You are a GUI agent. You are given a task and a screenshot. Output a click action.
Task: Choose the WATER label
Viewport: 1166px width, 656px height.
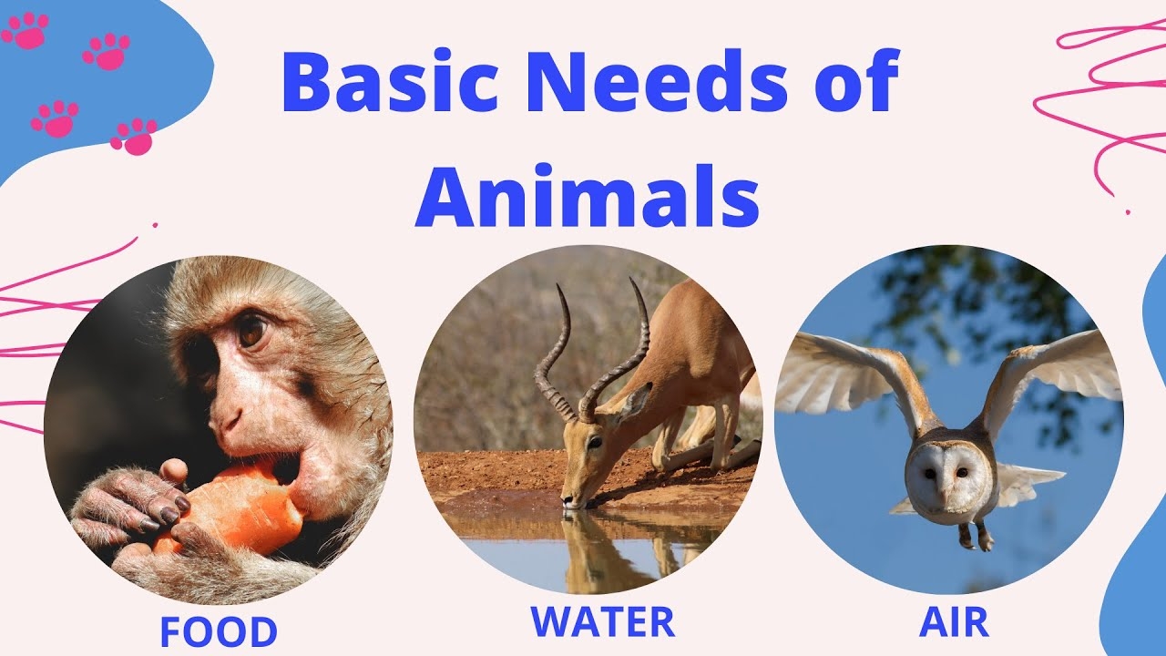tap(602, 621)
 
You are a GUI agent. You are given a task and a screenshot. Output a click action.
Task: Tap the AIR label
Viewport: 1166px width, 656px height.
tap(953, 621)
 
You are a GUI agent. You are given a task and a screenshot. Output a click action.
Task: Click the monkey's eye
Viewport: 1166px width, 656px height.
tap(251, 330)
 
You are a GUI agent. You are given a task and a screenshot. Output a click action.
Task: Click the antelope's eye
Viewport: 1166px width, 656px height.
tap(593, 441)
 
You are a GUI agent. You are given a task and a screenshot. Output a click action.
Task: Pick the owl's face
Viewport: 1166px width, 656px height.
tap(948, 474)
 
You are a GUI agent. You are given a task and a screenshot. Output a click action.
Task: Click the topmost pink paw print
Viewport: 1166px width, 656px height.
tap(25, 30)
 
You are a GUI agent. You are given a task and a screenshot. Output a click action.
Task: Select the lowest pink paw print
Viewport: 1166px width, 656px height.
tap(134, 136)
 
